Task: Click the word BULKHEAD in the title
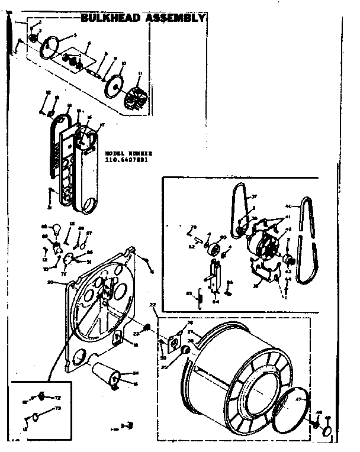coord(110,18)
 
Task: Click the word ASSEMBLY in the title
coord(173,18)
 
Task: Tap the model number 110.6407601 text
coord(126,159)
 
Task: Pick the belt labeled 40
coord(308,243)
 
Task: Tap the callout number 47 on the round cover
coord(298,399)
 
